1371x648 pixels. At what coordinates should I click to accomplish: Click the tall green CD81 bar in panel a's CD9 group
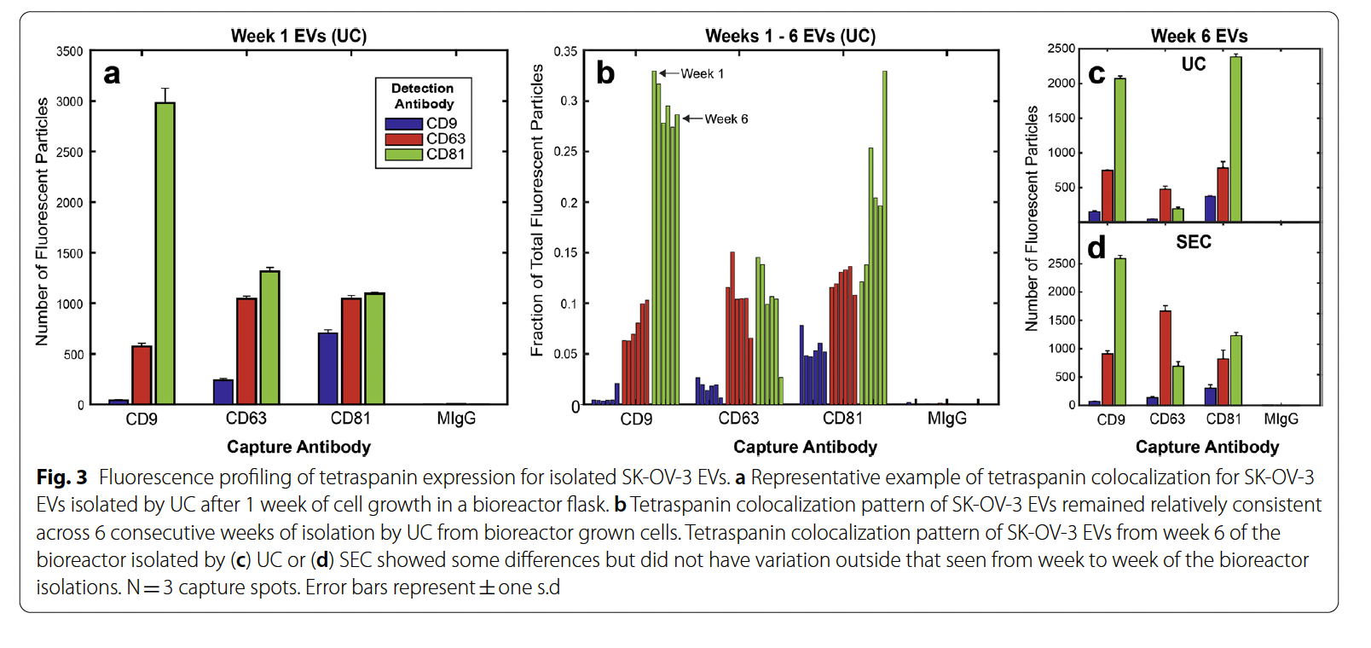(165, 253)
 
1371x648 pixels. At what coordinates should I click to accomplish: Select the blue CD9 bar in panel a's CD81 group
(328, 368)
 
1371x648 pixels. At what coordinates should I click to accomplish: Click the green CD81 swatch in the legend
(403, 154)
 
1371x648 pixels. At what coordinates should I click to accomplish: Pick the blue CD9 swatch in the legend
(403, 124)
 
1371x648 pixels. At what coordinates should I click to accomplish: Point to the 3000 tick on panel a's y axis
(70, 101)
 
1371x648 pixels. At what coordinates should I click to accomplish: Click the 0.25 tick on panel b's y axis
(565, 152)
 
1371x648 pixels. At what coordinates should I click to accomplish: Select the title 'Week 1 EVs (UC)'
(298, 36)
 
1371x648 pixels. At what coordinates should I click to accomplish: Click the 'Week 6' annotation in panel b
(726, 119)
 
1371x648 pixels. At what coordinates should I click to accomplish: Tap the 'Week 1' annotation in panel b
(702, 74)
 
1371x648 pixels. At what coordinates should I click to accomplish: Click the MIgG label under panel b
(946, 419)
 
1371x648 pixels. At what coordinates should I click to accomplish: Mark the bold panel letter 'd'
(1096, 248)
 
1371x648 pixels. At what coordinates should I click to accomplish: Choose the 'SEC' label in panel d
(1193, 242)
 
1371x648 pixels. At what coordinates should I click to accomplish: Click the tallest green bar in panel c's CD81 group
(1235, 139)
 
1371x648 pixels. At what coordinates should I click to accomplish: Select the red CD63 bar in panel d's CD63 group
(1166, 358)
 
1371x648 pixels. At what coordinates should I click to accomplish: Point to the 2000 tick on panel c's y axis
(1062, 84)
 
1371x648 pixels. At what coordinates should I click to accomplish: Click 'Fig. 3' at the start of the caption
(61, 477)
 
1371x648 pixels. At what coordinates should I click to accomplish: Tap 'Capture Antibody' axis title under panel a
(298, 447)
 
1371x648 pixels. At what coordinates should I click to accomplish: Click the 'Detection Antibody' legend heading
(423, 96)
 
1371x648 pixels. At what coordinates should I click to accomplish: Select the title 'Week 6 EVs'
(1199, 36)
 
